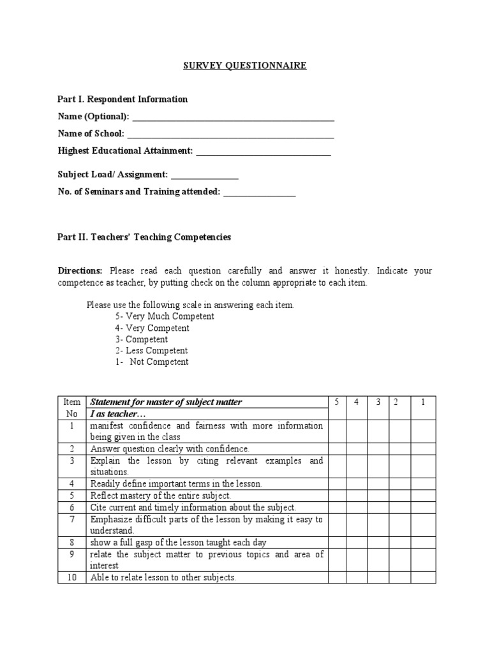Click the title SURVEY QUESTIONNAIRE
(244, 66)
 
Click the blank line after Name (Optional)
(232, 118)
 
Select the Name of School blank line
(230, 135)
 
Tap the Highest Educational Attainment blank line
(264, 152)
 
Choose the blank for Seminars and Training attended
(259, 194)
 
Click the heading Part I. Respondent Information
(122, 99)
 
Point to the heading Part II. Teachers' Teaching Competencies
(144, 237)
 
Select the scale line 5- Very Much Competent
(165, 316)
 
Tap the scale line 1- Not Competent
(152, 362)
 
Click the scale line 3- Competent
(141, 339)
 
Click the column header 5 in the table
(337, 402)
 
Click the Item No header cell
(72, 407)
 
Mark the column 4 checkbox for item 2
(357, 449)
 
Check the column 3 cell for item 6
(378, 508)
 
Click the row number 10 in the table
(72, 578)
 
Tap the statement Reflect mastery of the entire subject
(160, 496)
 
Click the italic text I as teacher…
(116, 414)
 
